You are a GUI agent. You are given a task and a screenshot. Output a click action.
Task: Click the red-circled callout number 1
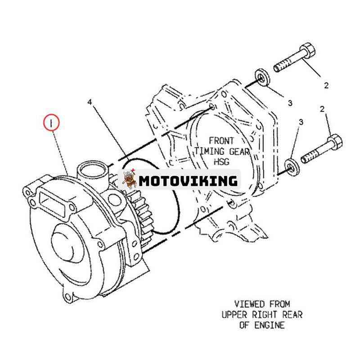pyautogui.click(x=51, y=123)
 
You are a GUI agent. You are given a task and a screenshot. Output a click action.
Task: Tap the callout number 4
pyautogui.click(x=90, y=102)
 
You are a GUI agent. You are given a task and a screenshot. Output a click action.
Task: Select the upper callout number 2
pyautogui.click(x=326, y=85)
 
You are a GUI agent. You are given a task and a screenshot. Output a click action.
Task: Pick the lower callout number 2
pyautogui.click(x=322, y=109)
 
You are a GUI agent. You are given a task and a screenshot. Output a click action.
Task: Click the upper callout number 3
pyautogui.click(x=290, y=103)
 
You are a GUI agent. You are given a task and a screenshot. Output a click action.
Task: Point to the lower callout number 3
pyautogui.click(x=301, y=122)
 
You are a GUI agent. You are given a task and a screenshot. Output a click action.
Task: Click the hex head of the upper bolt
pyautogui.click(x=308, y=50)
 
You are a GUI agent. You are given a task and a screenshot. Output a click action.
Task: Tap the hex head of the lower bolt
pyautogui.click(x=335, y=142)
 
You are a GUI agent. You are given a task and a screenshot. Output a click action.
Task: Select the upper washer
pyautogui.click(x=262, y=78)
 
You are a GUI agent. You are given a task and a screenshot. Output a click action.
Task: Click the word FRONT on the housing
pyautogui.click(x=221, y=140)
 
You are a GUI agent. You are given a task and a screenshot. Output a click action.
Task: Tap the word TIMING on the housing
pyautogui.click(x=209, y=151)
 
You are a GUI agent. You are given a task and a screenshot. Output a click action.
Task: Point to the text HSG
pyautogui.click(x=221, y=162)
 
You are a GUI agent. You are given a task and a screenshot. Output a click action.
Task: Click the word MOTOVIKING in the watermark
pyautogui.click(x=188, y=181)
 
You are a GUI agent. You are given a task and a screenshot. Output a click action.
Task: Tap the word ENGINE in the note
pyautogui.click(x=269, y=325)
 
